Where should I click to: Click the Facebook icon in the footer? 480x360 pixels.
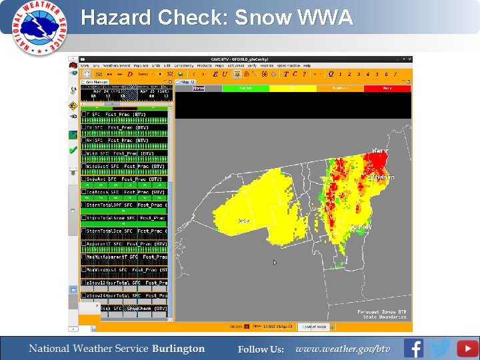click(x=413, y=348)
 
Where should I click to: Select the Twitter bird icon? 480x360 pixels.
click(x=440, y=348)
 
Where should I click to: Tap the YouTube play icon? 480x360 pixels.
click(x=467, y=348)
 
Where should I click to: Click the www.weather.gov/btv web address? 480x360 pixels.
click(x=343, y=349)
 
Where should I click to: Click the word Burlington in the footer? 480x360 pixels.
click(x=178, y=349)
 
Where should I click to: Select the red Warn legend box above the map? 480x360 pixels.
click(x=387, y=88)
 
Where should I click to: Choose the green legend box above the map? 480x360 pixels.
click(x=245, y=88)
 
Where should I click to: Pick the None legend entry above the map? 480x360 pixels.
click(x=199, y=88)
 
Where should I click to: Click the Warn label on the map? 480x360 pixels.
click(x=380, y=151)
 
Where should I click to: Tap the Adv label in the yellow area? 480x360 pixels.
click(x=244, y=221)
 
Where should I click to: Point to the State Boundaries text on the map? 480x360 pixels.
click(x=385, y=317)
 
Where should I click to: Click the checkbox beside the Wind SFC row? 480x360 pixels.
click(x=84, y=153)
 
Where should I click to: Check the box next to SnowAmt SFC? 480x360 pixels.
click(x=84, y=179)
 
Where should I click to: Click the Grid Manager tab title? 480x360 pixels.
click(x=96, y=82)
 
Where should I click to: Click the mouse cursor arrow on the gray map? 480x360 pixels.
click(x=275, y=262)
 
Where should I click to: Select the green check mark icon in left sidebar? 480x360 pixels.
click(x=73, y=150)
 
